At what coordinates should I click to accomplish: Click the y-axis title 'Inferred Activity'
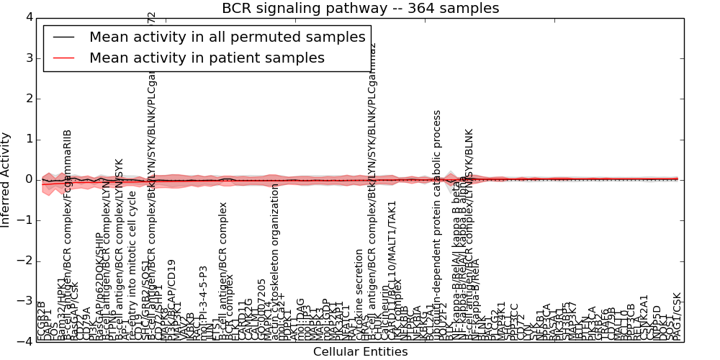tap(6, 179)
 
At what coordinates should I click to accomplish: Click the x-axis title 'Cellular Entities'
tap(360, 352)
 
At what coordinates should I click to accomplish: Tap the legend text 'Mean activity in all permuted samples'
tap(227, 37)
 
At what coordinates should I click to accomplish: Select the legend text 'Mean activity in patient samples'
tap(207, 58)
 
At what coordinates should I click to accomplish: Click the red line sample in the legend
tap(64, 58)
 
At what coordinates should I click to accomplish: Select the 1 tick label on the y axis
tap(27, 139)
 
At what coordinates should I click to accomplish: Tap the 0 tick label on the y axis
tap(27, 179)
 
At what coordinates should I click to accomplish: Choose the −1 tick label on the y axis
tap(24, 220)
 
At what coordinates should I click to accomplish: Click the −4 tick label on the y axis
tap(24, 341)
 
